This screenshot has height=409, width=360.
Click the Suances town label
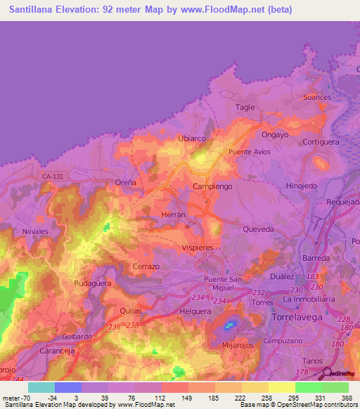[x=316, y=97]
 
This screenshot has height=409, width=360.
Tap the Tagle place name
[x=245, y=107]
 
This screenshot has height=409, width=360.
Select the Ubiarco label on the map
[x=192, y=138]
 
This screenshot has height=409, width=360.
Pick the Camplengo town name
[x=212, y=186]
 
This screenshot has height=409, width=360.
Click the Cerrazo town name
[x=146, y=267]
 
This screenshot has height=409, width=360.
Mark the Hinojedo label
[x=302, y=186]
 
